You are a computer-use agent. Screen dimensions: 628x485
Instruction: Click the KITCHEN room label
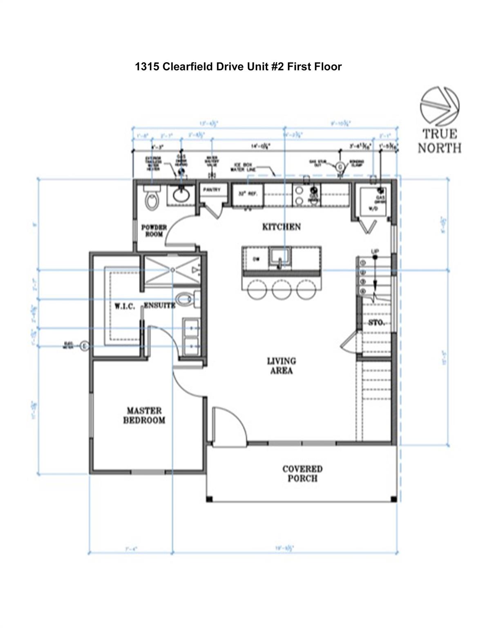(x=281, y=227)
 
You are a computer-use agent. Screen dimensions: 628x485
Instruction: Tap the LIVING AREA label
(x=281, y=366)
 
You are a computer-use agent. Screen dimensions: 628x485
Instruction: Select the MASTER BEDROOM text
(x=144, y=415)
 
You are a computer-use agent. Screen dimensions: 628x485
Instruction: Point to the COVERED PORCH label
(x=302, y=473)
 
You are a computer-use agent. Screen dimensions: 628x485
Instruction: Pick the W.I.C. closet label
(x=125, y=306)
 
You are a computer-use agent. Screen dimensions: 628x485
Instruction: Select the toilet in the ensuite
(x=186, y=299)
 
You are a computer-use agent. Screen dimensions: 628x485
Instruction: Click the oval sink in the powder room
(x=182, y=194)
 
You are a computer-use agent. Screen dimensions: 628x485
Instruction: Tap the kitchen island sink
(x=280, y=258)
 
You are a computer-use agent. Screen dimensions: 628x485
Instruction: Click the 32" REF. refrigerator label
(x=248, y=194)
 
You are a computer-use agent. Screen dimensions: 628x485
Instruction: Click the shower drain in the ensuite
(x=173, y=269)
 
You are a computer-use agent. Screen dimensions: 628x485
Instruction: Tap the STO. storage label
(x=376, y=323)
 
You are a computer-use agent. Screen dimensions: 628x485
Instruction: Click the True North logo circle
(x=440, y=106)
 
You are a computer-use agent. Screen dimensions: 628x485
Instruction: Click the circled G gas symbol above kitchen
(x=339, y=166)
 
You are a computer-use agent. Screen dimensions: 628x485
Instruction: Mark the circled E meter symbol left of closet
(x=84, y=346)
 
